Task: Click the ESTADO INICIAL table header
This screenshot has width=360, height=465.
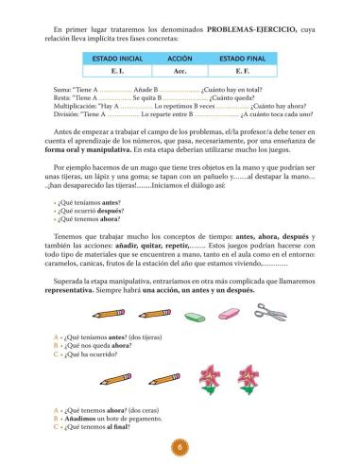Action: point(118,58)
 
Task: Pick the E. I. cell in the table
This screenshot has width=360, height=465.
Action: point(118,71)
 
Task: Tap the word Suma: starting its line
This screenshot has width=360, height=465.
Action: point(64,87)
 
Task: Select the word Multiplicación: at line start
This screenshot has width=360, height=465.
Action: point(77,107)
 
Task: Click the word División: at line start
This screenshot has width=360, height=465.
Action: point(68,116)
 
